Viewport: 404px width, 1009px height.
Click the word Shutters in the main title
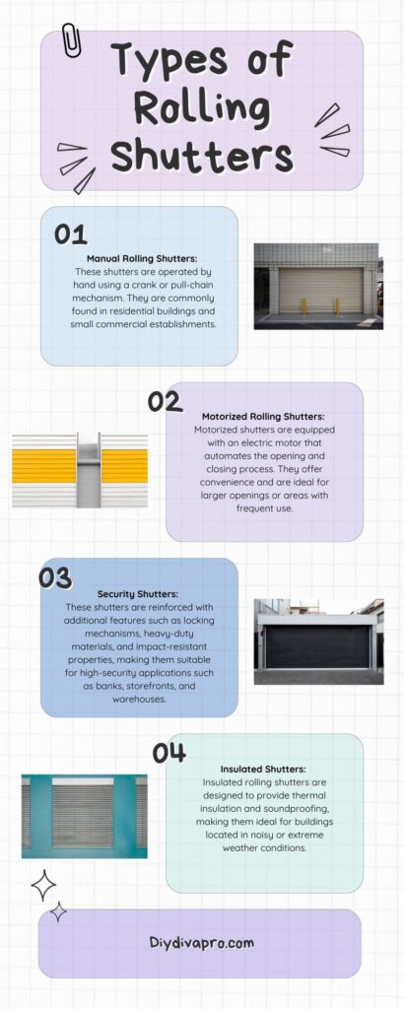click(201, 155)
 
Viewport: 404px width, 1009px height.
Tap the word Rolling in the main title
click(201, 107)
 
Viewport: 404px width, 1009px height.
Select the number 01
click(70, 235)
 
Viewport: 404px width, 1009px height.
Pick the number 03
click(56, 575)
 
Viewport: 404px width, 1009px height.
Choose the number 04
click(169, 753)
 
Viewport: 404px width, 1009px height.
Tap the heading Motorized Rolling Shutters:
click(264, 418)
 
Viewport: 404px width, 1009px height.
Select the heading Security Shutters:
click(138, 594)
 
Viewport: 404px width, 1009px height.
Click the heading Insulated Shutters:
click(264, 769)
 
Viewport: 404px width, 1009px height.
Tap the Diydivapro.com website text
click(203, 942)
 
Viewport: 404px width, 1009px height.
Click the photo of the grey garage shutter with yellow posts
click(318, 286)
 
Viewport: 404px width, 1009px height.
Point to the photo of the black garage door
click(318, 640)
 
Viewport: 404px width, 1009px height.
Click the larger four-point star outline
click(43, 885)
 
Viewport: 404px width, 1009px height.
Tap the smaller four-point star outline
click(58, 912)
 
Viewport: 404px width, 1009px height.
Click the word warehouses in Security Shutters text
click(138, 700)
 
